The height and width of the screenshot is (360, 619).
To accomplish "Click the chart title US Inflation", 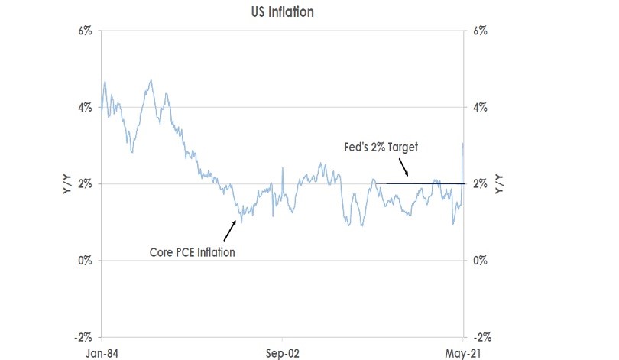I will point(284,12).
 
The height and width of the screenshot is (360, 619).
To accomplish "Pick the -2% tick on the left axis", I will point(83,337).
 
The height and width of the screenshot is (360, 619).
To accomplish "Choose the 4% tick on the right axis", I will point(481,108).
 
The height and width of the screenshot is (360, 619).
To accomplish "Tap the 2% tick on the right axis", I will point(481,184).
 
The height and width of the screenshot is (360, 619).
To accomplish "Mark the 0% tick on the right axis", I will point(481,261).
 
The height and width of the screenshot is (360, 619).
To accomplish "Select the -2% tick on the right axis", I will point(482,337).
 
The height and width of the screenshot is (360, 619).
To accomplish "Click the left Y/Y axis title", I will point(68,184).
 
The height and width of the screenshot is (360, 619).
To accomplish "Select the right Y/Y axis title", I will point(501,184).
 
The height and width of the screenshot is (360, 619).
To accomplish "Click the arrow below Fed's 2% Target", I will point(404,169).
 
